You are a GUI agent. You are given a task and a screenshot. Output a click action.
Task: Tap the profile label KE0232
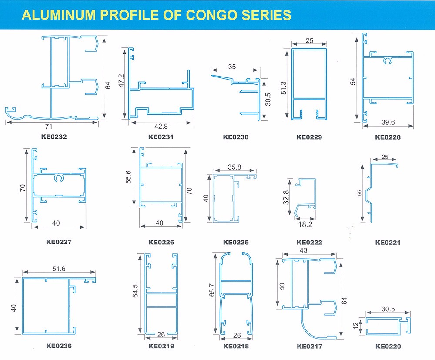tap(54, 137)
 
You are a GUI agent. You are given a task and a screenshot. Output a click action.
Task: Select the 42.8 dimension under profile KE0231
tap(161, 127)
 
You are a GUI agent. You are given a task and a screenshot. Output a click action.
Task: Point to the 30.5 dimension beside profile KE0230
tap(268, 100)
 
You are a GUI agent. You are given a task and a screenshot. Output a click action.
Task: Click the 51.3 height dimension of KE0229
tap(284, 88)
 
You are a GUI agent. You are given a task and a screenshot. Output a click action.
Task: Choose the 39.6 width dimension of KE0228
tap(388, 122)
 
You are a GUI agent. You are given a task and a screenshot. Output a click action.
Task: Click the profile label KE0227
tap(59, 242)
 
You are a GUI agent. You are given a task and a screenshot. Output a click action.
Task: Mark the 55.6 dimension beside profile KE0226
tap(128, 177)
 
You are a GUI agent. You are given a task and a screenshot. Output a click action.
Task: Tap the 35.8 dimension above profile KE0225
tap(234, 167)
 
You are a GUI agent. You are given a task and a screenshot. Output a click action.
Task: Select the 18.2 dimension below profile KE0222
tap(305, 224)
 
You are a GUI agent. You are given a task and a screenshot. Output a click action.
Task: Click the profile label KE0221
tap(388, 243)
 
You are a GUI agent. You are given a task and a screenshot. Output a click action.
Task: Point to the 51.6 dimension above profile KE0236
tap(59, 269)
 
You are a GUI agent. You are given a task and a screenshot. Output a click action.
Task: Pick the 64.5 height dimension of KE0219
tap(135, 291)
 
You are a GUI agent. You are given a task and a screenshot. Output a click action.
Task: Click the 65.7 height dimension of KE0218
tap(212, 290)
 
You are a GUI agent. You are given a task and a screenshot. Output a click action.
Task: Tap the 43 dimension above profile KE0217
tap(304, 250)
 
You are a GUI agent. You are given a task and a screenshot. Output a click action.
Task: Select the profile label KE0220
tap(388, 347)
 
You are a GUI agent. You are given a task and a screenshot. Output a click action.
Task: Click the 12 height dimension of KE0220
tap(356, 326)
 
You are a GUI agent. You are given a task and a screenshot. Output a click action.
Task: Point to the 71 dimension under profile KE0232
tap(49, 127)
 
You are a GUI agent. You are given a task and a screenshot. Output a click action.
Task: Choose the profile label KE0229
tap(309, 137)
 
